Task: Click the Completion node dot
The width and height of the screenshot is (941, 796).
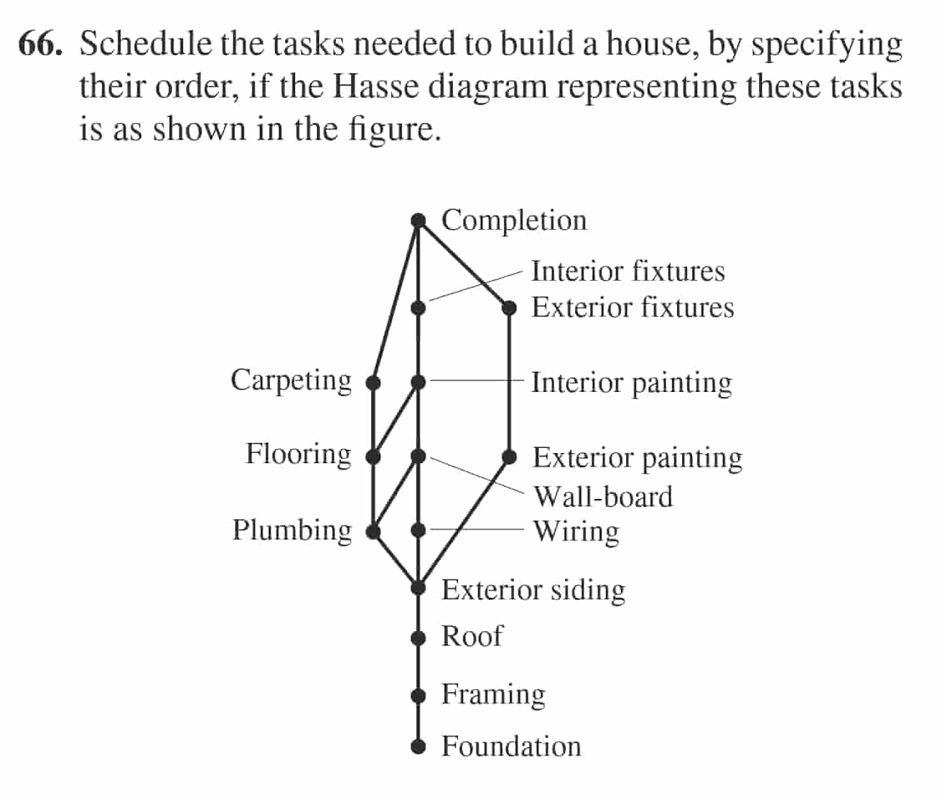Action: (418, 221)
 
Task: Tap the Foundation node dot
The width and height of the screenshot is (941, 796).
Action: (418, 746)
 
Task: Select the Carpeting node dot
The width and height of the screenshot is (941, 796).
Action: (373, 382)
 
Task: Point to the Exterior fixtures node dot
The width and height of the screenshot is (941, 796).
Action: (509, 308)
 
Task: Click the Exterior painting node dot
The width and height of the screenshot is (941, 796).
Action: (509, 457)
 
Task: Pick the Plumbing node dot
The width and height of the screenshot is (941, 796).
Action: (373, 531)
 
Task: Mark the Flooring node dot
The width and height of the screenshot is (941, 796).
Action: (373, 456)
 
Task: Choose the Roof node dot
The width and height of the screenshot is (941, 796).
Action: (418, 638)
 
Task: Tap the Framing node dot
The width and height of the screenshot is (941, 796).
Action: (418, 695)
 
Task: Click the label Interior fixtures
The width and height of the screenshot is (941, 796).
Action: (628, 271)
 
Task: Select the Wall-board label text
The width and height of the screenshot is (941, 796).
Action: (603, 497)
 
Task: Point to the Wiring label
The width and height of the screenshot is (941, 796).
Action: (576, 531)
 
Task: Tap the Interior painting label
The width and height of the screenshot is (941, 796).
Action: (631, 383)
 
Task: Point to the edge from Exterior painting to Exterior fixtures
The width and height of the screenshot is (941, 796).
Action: (509, 382)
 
